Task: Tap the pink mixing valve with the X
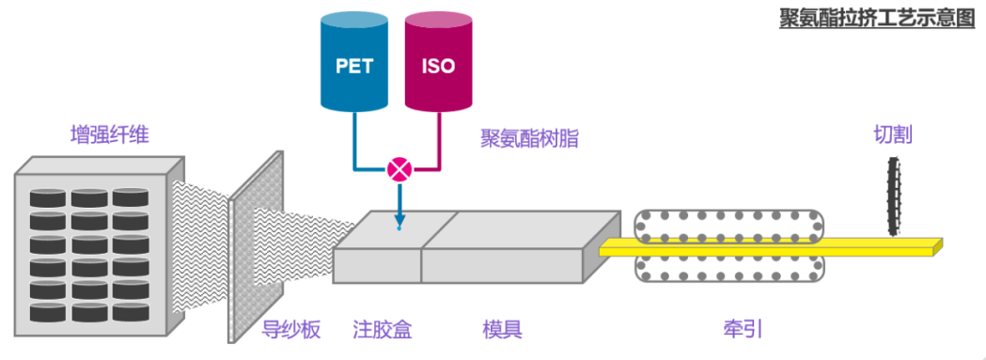(399, 170)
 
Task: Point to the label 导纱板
(291, 329)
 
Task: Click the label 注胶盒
(383, 329)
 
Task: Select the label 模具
(502, 329)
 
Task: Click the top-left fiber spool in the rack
(48, 198)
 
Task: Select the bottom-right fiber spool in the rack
(131, 309)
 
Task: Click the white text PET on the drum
(353, 67)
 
